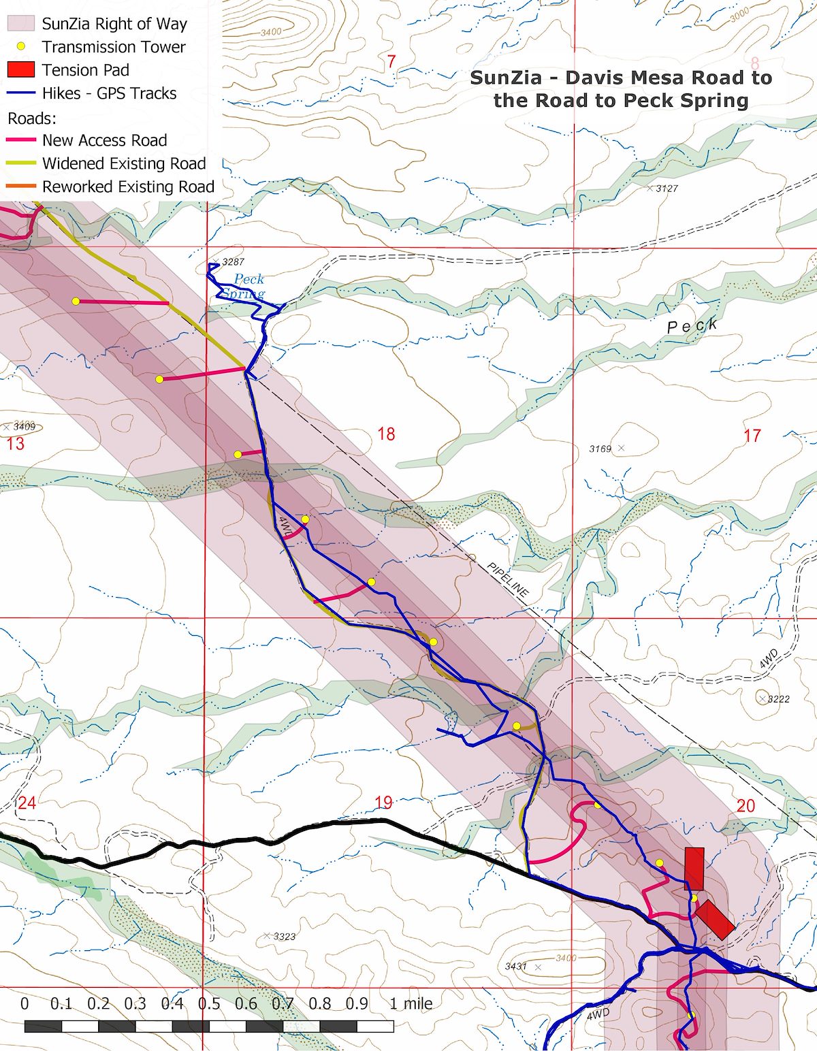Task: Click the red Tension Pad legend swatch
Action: pos(20,70)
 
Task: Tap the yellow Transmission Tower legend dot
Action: pos(20,47)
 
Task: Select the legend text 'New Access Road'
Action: pos(104,140)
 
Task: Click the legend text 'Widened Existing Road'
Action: pos(124,163)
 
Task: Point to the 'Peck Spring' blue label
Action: pos(244,287)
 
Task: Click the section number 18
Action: pos(386,434)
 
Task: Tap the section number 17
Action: pos(752,436)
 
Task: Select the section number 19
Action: pos(383,803)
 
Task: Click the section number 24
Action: pos(27,803)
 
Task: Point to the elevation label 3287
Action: pos(233,262)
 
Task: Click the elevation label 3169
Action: pos(600,449)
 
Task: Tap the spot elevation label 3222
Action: pos(778,699)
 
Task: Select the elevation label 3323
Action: pos(284,937)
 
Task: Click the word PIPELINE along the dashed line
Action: pos(508,580)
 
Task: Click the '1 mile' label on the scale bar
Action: pos(411,1003)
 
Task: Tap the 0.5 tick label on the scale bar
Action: pos(209,1003)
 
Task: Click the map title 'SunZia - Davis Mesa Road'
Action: pos(620,78)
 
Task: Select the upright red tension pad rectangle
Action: pos(694,869)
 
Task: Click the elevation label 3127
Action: pos(667,189)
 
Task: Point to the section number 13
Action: pos(15,444)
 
